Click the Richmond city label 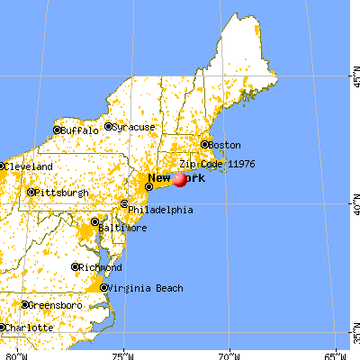[99, 268]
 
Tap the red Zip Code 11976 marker [180, 179]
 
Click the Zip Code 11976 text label [212, 165]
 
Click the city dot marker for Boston [204, 145]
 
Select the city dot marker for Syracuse [108, 127]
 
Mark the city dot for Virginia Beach [104, 288]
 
